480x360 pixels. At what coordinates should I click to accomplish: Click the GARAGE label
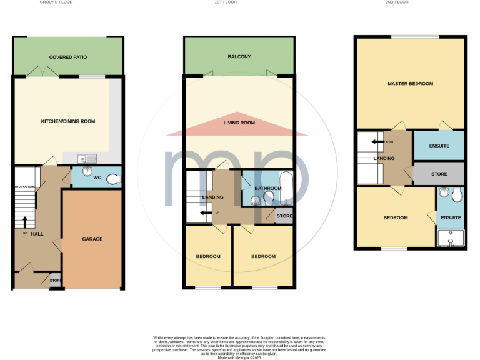[92, 239]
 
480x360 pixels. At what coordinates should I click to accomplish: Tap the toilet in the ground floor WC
[112, 179]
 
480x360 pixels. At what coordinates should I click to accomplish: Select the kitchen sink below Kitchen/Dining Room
[86, 159]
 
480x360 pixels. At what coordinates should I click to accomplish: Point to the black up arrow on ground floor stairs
[25, 222]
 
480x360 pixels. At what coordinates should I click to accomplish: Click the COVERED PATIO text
[68, 57]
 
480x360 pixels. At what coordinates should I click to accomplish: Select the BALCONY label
[239, 57]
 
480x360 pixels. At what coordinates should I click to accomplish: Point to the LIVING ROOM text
[239, 122]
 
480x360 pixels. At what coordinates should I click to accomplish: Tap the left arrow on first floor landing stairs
[204, 213]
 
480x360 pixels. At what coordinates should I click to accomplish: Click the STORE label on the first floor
[284, 216]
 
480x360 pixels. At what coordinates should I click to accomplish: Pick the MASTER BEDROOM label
[410, 83]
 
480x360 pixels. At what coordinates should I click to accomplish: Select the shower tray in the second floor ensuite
[450, 238]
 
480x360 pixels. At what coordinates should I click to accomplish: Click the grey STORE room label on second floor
[439, 173]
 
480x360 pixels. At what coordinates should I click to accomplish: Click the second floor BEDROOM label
[395, 217]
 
